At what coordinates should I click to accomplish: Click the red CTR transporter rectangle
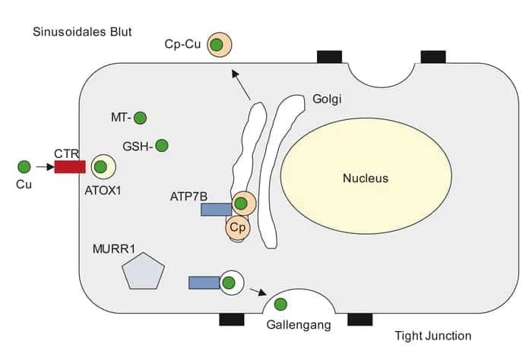(69, 166)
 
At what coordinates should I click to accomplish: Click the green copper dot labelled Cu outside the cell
(24, 166)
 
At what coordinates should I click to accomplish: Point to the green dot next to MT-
(140, 118)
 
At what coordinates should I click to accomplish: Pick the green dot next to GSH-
(161, 145)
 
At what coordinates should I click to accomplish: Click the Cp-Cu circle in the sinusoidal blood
(217, 45)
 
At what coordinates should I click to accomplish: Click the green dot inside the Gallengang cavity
(280, 305)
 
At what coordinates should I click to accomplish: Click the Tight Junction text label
(433, 336)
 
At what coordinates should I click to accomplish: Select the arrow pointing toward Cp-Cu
(241, 85)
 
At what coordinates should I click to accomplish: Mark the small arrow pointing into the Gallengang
(258, 291)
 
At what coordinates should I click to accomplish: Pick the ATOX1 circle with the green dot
(101, 166)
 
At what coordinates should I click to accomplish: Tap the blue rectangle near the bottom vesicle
(204, 283)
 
